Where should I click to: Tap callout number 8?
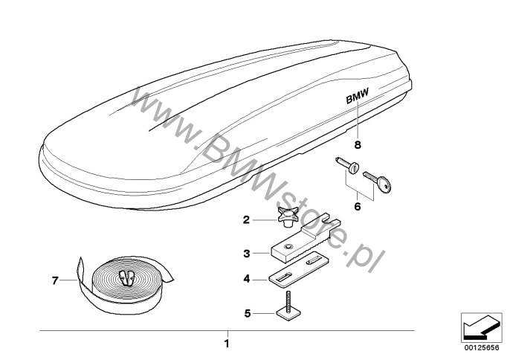358,144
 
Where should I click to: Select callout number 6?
358,206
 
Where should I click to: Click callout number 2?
246,220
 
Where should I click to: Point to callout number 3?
247,253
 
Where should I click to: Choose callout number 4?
247,279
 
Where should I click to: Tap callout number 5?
248,313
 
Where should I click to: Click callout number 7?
55,280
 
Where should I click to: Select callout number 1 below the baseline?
227,344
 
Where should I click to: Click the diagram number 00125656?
482,348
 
